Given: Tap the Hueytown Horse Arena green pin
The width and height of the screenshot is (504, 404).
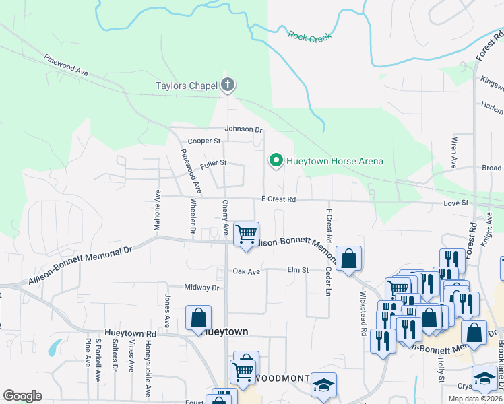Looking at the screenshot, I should tap(275, 160).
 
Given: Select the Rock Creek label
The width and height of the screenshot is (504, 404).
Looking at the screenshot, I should tap(306, 36).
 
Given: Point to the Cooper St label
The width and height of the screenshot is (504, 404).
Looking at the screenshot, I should tap(204, 141).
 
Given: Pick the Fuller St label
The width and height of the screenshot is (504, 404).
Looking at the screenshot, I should tap(213, 163).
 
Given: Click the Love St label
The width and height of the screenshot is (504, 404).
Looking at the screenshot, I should tap(455, 202).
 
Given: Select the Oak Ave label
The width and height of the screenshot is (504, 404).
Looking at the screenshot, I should tap(246, 271).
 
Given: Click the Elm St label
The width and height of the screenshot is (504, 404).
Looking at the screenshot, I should tap(297, 270).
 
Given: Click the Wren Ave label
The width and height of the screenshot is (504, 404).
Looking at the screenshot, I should tap(453, 154).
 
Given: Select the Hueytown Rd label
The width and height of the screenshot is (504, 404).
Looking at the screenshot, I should tap(131, 333).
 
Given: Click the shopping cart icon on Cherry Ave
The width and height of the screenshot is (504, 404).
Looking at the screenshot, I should tap(246, 234).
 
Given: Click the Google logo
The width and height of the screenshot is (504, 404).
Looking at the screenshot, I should tap(22, 396).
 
